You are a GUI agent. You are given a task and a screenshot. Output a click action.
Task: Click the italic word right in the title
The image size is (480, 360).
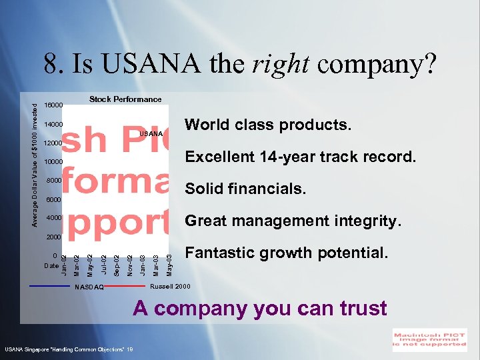(x=280, y=64)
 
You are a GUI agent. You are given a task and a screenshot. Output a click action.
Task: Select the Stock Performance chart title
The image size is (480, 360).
(x=125, y=99)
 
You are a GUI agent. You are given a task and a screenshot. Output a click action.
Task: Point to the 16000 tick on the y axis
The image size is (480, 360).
(x=53, y=105)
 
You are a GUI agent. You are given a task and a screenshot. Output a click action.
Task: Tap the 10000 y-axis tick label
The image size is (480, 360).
(x=53, y=162)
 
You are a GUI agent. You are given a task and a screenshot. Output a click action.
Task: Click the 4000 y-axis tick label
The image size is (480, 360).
(x=54, y=218)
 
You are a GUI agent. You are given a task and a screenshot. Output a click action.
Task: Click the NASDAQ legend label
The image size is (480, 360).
(x=89, y=288)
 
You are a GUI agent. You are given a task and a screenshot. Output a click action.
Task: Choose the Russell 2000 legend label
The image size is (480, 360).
(x=171, y=287)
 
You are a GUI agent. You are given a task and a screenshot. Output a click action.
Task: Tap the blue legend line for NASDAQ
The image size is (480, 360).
(x=50, y=285)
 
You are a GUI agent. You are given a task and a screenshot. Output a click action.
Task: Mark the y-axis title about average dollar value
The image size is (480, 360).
(x=36, y=160)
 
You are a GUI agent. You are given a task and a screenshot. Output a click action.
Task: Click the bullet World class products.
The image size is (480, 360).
(x=268, y=125)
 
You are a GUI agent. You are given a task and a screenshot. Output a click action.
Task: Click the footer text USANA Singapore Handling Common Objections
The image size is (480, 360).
(x=69, y=349)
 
